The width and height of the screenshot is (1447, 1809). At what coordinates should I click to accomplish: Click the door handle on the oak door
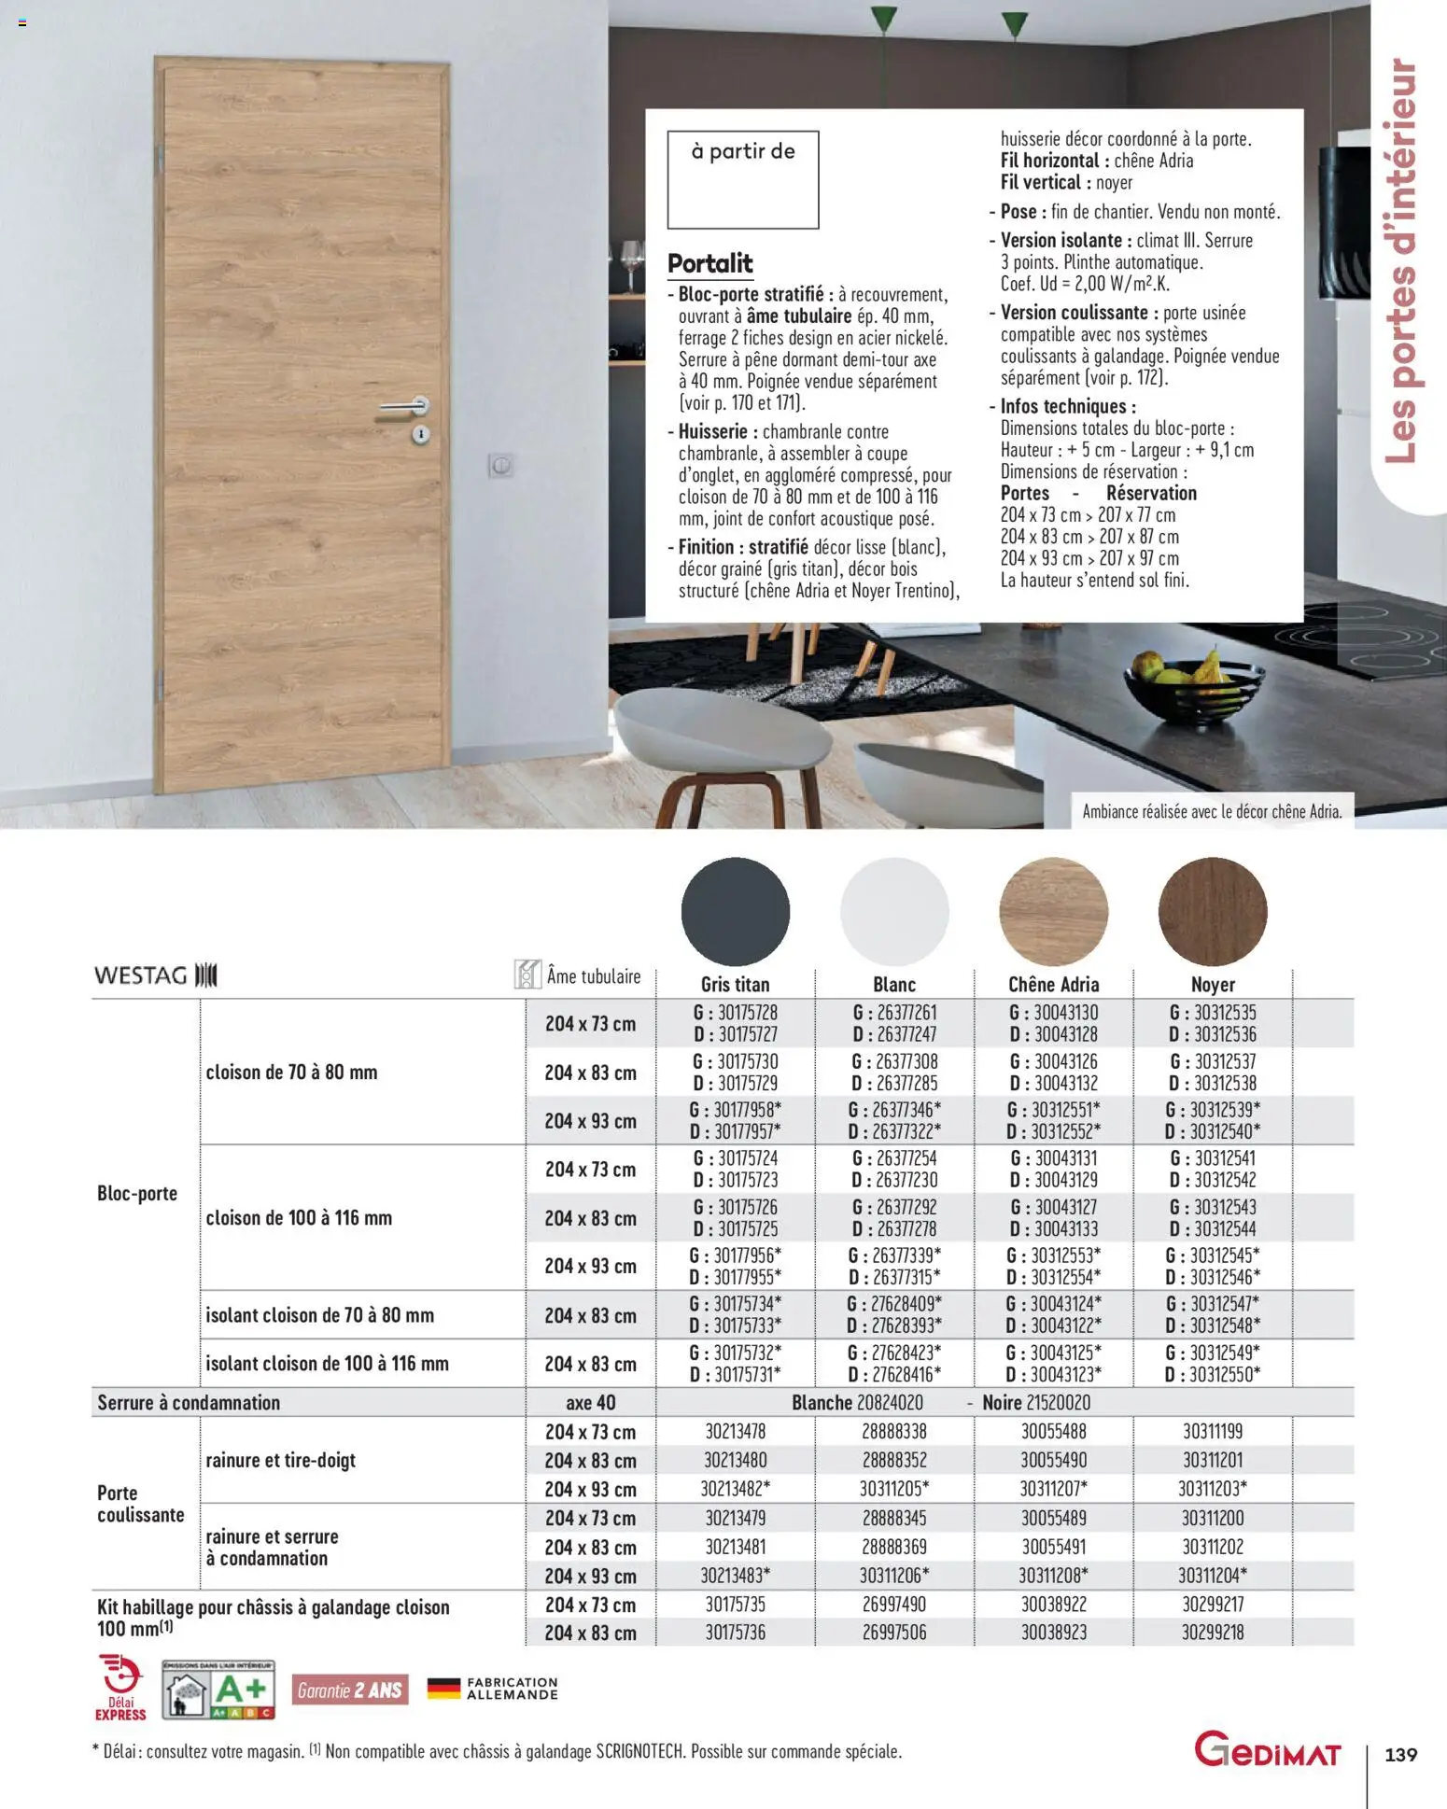(x=404, y=407)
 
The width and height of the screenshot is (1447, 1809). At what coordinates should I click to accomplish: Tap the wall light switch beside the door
(x=501, y=465)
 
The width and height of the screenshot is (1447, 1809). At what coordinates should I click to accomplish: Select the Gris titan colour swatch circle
(x=736, y=911)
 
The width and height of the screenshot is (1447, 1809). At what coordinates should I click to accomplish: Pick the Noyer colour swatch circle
(x=1213, y=911)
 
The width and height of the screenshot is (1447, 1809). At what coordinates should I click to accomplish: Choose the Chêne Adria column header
(x=1053, y=984)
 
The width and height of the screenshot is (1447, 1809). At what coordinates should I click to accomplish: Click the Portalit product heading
(x=710, y=263)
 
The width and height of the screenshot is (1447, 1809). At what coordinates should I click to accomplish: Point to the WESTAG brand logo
(x=155, y=975)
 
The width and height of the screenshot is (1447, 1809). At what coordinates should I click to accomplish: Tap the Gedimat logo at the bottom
(x=1268, y=1751)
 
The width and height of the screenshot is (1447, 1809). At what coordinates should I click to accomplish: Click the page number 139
(x=1400, y=1755)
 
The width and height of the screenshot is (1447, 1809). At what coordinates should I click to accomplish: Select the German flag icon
(x=443, y=1688)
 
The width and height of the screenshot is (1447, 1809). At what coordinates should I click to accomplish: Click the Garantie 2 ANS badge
(x=350, y=1690)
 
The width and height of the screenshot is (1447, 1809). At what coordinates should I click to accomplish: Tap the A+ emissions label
(x=219, y=1690)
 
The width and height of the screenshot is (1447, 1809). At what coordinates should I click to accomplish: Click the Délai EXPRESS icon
(x=120, y=1688)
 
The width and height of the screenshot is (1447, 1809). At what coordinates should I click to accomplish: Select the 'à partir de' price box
(x=742, y=179)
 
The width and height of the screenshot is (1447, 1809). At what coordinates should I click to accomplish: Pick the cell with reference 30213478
(x=736, y=1431)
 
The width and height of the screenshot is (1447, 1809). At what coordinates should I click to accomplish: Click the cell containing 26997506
(x=894, y=1633)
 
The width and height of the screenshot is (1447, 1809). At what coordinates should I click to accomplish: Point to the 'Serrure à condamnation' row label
(x=189, y=1402)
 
